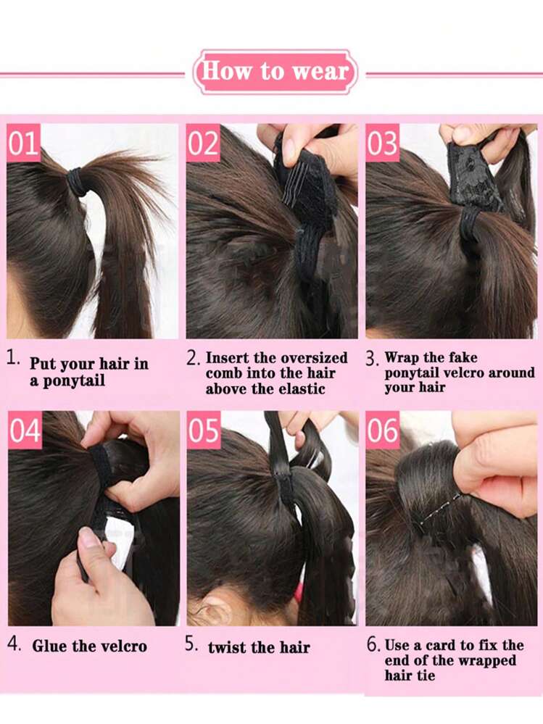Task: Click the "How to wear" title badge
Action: click(275, 72)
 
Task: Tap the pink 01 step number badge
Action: click(23, 143)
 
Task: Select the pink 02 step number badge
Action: click(203, 143)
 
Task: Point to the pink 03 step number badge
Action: click(382, 143)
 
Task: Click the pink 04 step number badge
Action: click(25, 430)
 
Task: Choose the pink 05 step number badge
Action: click(204, 430)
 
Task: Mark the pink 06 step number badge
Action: click(383, 430)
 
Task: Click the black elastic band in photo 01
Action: click(78, 182)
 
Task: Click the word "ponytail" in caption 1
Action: click(74, 381)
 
